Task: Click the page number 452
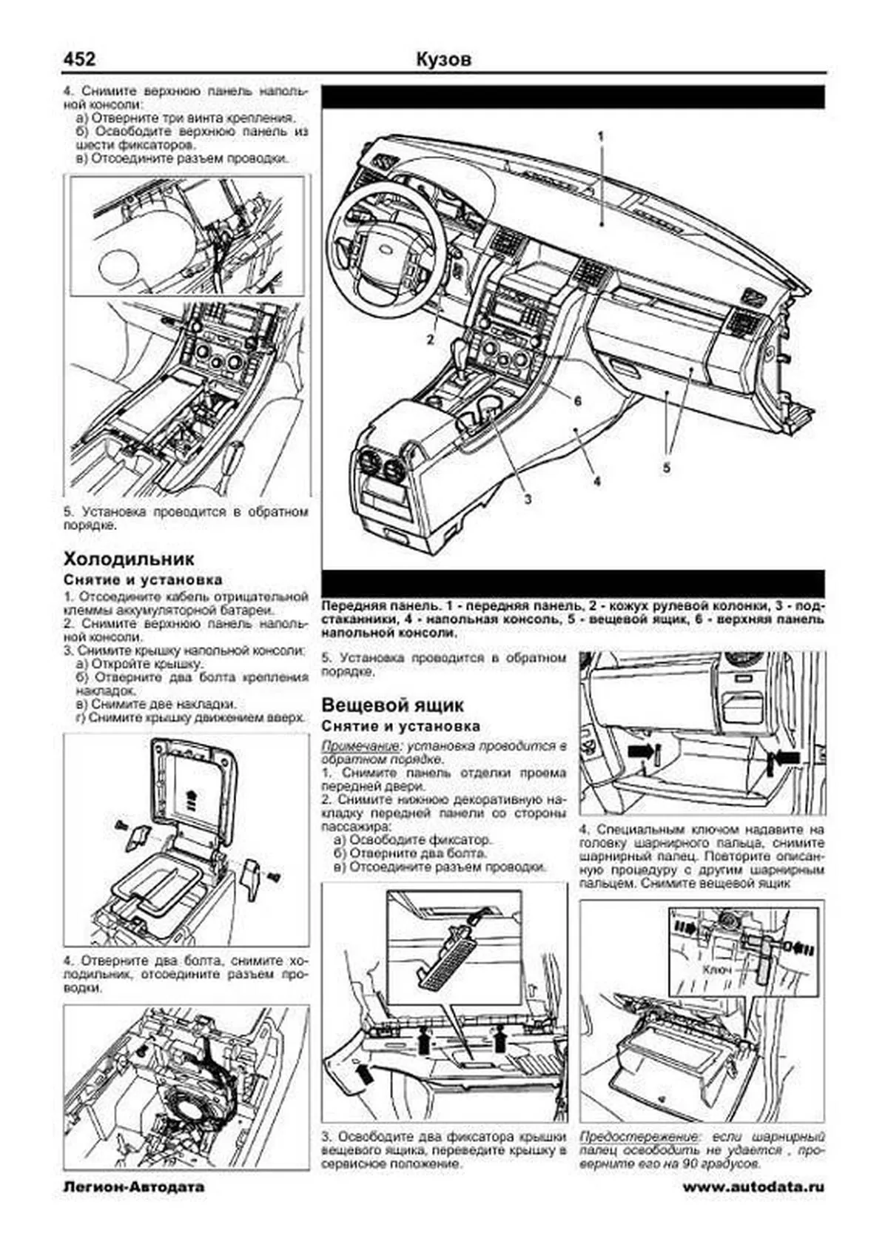79,58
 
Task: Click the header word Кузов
443,59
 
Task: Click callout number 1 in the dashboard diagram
601,136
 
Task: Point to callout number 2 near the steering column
429,340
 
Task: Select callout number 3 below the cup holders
527,499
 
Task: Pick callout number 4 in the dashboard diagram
596,480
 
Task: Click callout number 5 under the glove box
666,468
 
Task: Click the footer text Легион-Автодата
134,1207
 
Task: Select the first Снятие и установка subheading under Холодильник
142,580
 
